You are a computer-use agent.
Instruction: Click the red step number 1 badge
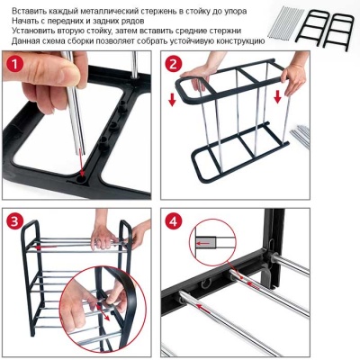coord(14,65)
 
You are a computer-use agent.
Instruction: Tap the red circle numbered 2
coord(173,65)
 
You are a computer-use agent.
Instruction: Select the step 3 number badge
coord(14,222)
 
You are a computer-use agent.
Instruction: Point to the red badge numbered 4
coord(173,222)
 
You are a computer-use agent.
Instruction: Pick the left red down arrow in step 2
coord(172,100)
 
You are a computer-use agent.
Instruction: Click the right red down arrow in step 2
coord(277,96)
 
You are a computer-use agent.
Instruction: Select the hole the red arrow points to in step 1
coord(81,179)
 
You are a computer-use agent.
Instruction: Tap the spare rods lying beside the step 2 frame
coord(300,136)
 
